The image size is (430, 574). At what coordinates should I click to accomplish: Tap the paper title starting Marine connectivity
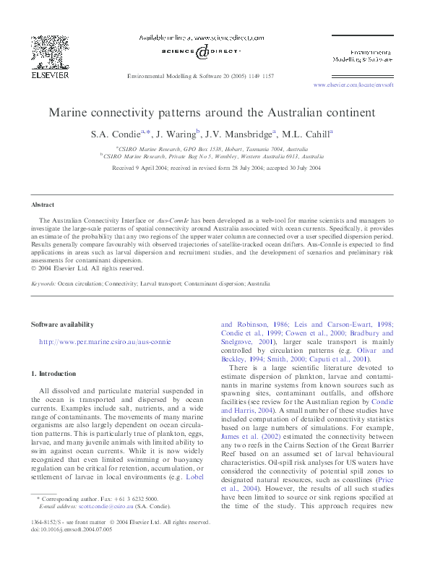pos(212,113)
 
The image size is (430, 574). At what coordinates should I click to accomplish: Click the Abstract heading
pos(42,205)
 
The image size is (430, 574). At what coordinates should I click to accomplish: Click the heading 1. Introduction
pos(53,374)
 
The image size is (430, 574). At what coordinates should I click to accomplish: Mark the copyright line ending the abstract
pos(87,268)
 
